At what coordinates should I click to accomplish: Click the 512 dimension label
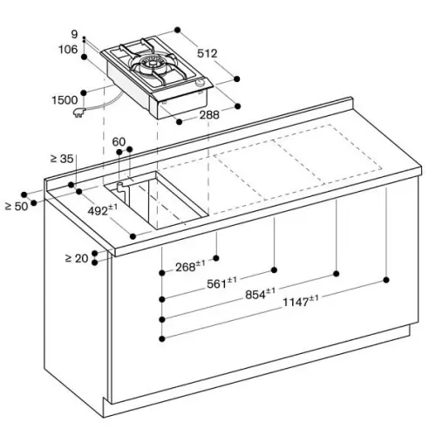point(208,53)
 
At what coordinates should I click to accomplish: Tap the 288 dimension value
point(209,115)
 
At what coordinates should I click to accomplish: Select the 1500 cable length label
point(65,100)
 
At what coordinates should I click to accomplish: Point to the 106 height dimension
point(68,50)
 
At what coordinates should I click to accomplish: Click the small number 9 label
point(75,35)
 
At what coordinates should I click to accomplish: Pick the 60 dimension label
point(119,142)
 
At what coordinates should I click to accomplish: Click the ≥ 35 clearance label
point(62,159)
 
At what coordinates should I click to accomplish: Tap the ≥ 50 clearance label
point(17,207)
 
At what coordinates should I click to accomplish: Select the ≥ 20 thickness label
point(77,258)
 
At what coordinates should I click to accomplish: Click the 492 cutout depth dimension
point(103,210)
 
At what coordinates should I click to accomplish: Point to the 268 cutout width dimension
point(190,266)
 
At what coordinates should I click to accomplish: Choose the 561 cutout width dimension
point(221,283)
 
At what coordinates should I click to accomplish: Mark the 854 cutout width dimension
point(260,294)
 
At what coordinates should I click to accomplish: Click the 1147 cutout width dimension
point(301,301)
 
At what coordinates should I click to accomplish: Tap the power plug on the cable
point(79,112)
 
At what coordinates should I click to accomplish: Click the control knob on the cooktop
point(201,83)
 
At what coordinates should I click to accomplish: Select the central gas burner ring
point(152,64)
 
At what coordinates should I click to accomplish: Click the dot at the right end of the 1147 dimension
point(386,280)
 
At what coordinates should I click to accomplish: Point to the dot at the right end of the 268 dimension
point(216,258)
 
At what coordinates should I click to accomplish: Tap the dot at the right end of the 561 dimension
point(274,270)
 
